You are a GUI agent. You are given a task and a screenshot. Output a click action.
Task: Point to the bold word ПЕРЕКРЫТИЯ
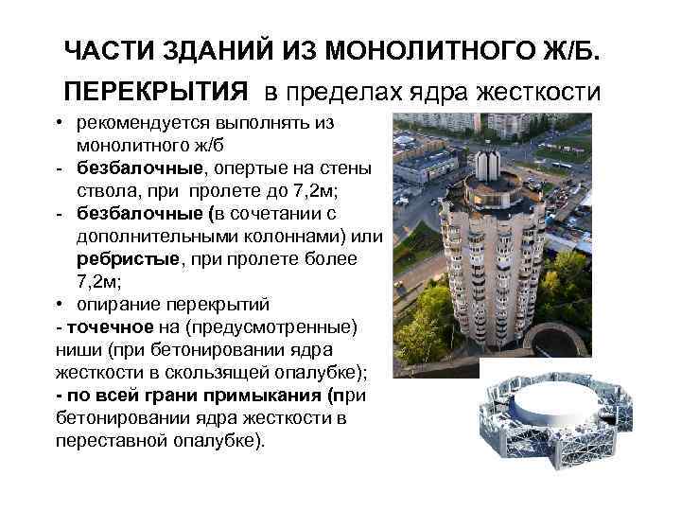pos(157,92)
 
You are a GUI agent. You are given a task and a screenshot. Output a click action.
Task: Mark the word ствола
pos(104,191)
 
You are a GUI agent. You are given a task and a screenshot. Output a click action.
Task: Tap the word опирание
pos(119,305)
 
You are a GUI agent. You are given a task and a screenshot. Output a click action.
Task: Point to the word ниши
pos(77,350)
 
